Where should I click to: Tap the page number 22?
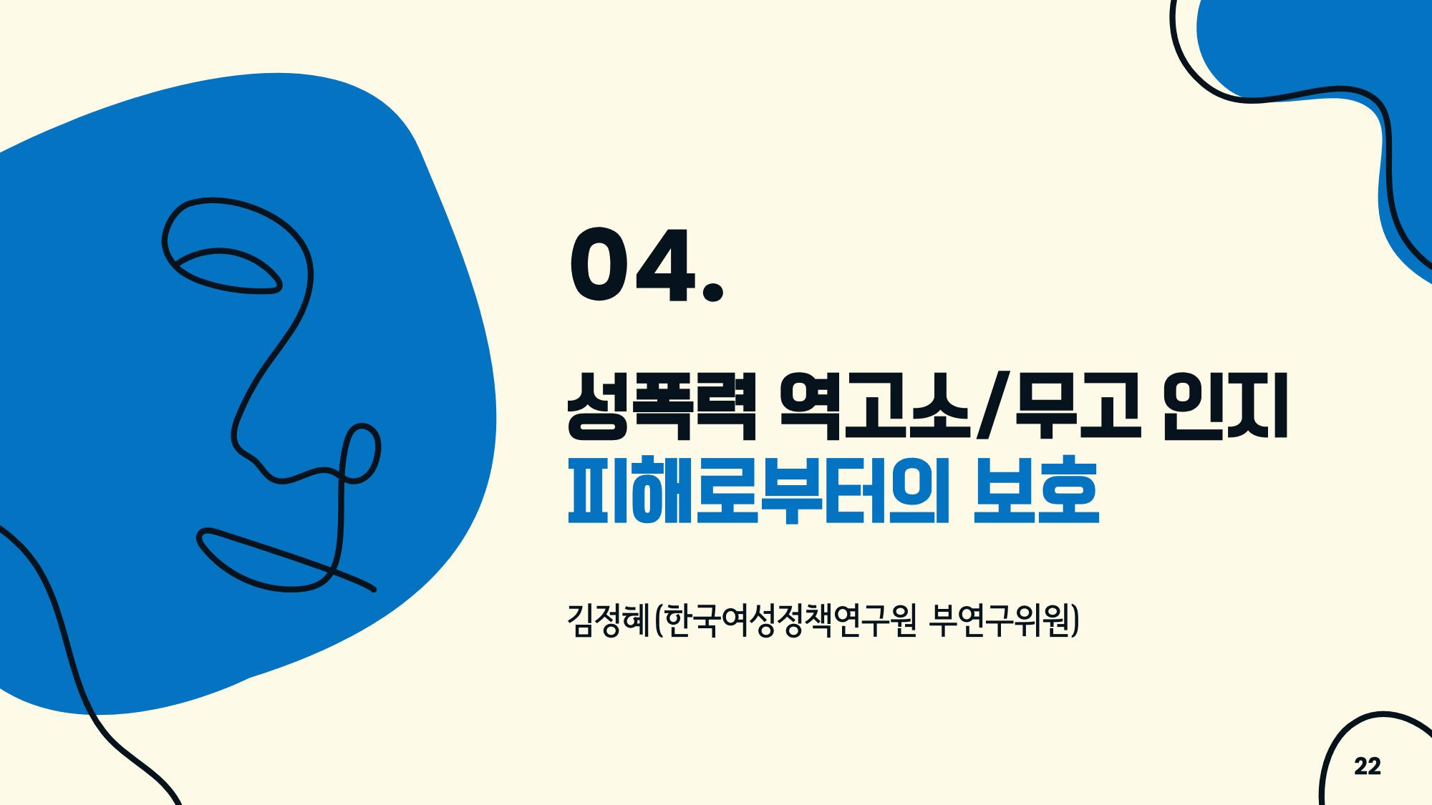(1367, 766)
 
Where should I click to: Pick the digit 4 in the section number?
(667, 265)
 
